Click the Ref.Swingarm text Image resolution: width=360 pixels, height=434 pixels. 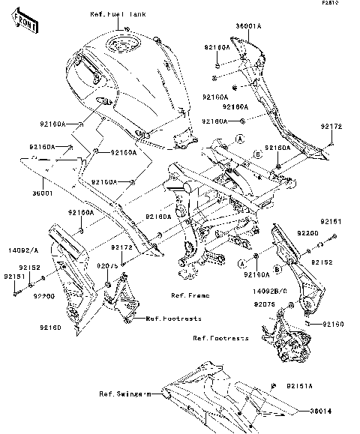124,393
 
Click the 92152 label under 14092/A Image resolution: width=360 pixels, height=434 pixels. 29,266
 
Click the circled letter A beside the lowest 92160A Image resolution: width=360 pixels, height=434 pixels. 243,265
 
